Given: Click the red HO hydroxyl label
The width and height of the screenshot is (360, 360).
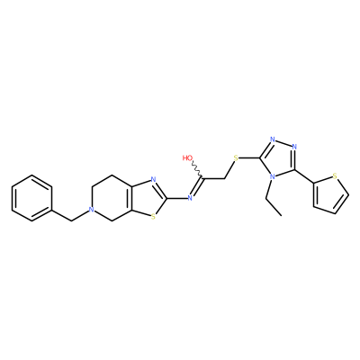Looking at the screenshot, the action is tap(188, 157).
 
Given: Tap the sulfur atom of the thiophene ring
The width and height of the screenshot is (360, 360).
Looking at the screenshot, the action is tap(336, 175).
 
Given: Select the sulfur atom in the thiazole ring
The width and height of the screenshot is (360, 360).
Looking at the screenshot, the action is tap(153, 216).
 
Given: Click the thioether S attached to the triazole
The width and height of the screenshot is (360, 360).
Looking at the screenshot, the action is tap(236, 157).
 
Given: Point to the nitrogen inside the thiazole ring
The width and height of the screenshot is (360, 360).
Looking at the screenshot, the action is tap(153, 180).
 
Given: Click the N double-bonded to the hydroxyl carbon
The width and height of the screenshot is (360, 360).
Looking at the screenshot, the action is tap(190, 198).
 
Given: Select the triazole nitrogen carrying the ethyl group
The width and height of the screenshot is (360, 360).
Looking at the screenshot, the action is tap(273, 176).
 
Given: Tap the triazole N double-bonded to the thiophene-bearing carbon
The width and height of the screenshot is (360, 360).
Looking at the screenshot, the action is tap(294, 147).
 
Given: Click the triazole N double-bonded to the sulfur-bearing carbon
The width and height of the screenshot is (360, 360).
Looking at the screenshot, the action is tap(273, 139).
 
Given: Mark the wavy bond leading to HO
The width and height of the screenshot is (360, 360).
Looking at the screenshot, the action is tap(197, 170).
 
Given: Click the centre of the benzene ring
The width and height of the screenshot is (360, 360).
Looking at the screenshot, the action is tap(31, 198).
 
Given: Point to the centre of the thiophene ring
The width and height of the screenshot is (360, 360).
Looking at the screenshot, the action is tap(328, 193).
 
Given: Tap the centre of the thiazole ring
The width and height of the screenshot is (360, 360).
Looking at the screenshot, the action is tap(148, 198).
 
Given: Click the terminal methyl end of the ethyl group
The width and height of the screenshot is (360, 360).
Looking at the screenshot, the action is tap(282, 215).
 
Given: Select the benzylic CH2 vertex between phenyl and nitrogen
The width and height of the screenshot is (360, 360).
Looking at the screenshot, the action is tap(71, 221).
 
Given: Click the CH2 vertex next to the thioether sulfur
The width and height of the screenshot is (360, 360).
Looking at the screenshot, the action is tap(224, 179).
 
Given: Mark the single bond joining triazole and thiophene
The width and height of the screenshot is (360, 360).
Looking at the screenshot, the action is tap(304, 175).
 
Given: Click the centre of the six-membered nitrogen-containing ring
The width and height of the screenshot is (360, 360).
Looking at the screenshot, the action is tap(112, 198).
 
